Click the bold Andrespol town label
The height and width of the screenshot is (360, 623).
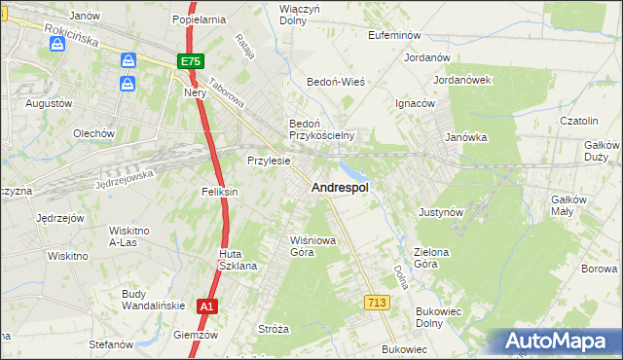pyautogui.click(x=339, y=188)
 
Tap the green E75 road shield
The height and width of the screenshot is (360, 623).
pyautogui.click(x=190, y=61)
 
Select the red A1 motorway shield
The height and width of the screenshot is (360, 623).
pyautogui.click(x=205, y=306)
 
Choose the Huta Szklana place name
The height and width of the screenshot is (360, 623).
pyautogui.click(x=237, y=260)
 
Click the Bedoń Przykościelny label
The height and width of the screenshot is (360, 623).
pyautogui.click(x=320, y=129)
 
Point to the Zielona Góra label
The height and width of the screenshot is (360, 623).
pyautogui.click(x=431, y=258)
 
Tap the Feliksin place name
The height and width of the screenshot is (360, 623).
pyautogui.click(x=219, y=192)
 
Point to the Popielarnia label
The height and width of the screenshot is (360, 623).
pyautogui.click(x=198, y=18)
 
